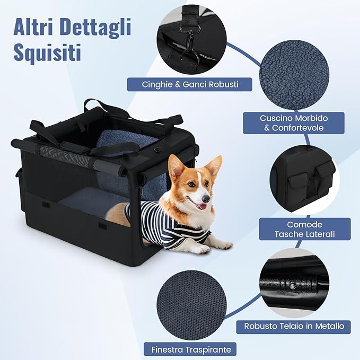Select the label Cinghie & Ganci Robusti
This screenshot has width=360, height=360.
pos(190,84)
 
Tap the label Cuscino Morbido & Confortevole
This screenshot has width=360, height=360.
pos(293,122)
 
